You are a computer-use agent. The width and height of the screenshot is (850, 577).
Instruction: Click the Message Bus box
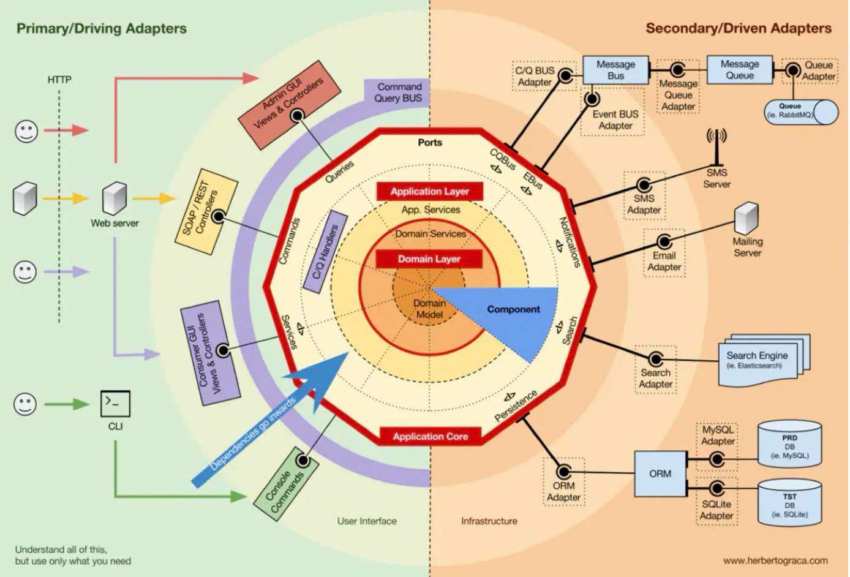pos(615,70)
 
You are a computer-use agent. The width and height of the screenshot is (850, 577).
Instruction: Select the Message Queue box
pos(740,70)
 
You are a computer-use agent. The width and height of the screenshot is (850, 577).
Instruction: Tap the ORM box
pos(660,473)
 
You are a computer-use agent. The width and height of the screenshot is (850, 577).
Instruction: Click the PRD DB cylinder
pos(789,444)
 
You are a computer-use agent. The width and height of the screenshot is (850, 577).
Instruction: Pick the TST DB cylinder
pos(789,503)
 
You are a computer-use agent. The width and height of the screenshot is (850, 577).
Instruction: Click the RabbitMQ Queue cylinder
pos(801,112)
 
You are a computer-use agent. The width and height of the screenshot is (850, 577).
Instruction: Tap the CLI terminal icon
pos(115,404)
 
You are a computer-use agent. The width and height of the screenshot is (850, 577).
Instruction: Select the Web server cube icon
pos(115,198)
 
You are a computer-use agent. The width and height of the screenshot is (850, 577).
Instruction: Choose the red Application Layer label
pos(430,191)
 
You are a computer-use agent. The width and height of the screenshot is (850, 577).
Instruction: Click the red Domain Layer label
pos(429,259)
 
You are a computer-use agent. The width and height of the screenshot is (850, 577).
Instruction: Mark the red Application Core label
pos(431,436)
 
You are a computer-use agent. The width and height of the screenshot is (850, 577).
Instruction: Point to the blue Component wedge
pos(508,315)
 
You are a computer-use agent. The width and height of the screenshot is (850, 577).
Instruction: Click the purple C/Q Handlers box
pos(326,252)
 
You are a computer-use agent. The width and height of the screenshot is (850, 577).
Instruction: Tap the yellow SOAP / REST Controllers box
pos(206,212)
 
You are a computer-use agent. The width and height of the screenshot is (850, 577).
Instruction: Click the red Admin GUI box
pos(289,105)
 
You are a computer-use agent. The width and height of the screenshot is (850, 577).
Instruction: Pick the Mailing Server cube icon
pos(747,218)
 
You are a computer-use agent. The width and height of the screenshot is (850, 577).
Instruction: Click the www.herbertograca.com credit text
pos(775,560)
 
